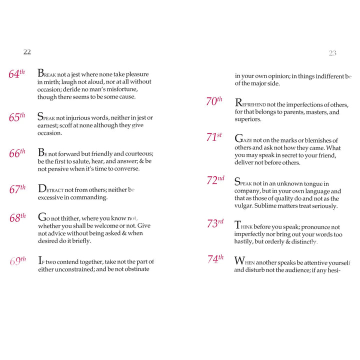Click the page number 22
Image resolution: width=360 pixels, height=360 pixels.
pyautogui.click(x=27, y=52)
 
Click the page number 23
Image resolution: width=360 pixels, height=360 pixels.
pyautogui.click(x=332, y=53)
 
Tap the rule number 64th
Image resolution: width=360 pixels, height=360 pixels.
pyautogui.click(x=17, y=74)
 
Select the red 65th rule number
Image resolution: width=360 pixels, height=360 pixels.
pyautogui.click(x=17, y=118)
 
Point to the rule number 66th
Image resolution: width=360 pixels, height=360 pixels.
pyautogui.click(x=17, y=154)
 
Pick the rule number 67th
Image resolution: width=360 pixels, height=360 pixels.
pyautogui.click(x=17, y=190)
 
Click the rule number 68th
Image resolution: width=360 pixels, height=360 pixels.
pyautogui.click(x=17, y=218)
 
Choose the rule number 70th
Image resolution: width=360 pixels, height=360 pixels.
pyautogui.click(x=214, y=101)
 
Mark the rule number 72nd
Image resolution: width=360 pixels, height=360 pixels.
pyautogui.click(x=215, y=180)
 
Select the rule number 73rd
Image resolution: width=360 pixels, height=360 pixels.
pyautogui.click(x=215, y=224)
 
